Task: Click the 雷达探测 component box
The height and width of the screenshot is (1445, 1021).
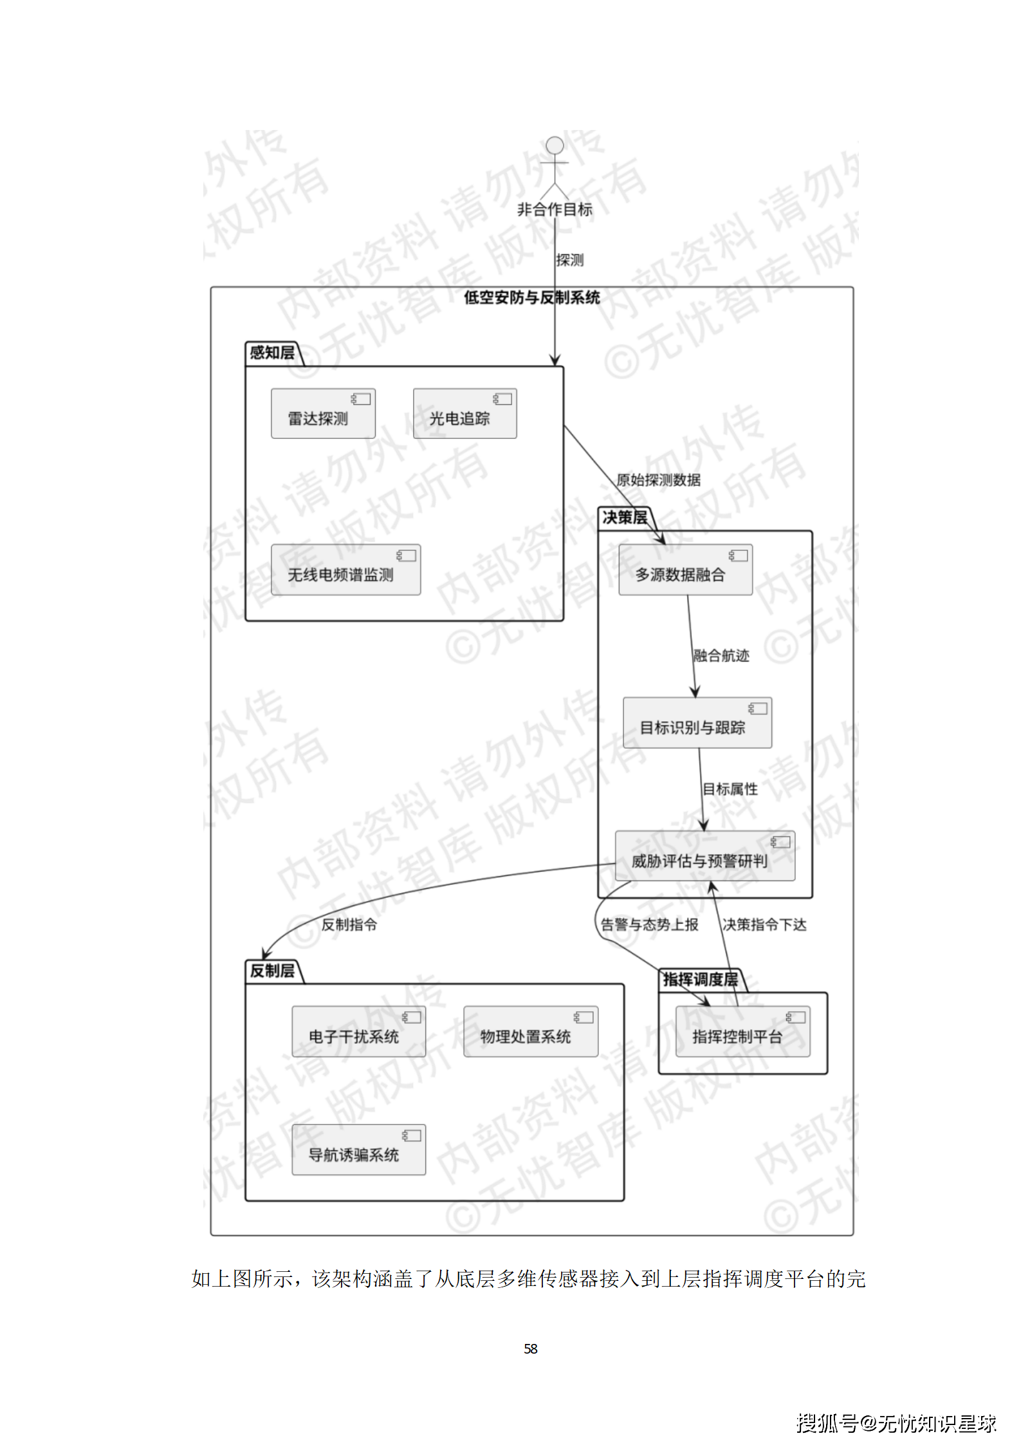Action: pos(323,414)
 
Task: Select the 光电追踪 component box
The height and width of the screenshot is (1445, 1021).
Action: pos(465,414)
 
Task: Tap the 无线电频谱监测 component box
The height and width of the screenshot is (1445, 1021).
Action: pos(345,570)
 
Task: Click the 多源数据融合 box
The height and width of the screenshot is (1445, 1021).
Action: pos(685,570)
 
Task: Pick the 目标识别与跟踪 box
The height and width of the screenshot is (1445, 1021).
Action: pos(697,723)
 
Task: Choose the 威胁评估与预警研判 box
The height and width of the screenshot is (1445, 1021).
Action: pos(704,856)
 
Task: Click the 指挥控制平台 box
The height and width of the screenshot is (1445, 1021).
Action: pos(742,1032)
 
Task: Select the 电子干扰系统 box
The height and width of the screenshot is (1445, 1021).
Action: pos(358,1032)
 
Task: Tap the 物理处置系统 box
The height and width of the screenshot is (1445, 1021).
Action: pos(530,1032)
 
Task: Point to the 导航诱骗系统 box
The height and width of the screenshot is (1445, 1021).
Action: pos(358,1150)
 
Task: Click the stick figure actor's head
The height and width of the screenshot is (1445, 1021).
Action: pos(555,145)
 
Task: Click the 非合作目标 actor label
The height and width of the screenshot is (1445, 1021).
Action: pos(555,209)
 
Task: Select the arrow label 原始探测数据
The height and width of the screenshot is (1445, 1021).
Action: pos(658,480)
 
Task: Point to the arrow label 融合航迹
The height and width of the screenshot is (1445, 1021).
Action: pos(721,656)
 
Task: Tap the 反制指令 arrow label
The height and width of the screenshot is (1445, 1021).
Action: pos(349,925)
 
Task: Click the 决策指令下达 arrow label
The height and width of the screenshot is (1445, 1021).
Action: pos(764,925)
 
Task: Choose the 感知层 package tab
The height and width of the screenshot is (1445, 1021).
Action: pos(272,353)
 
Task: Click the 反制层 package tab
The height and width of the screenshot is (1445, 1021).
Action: pos(272,971)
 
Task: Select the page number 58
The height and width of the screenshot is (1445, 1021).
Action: pos(531,1348)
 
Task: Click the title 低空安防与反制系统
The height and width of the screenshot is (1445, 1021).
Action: pos(531,297)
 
